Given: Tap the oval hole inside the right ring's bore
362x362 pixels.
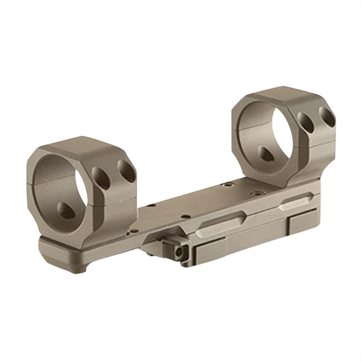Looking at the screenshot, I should point(268,153).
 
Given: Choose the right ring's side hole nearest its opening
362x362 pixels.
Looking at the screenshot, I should point(306,123).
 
